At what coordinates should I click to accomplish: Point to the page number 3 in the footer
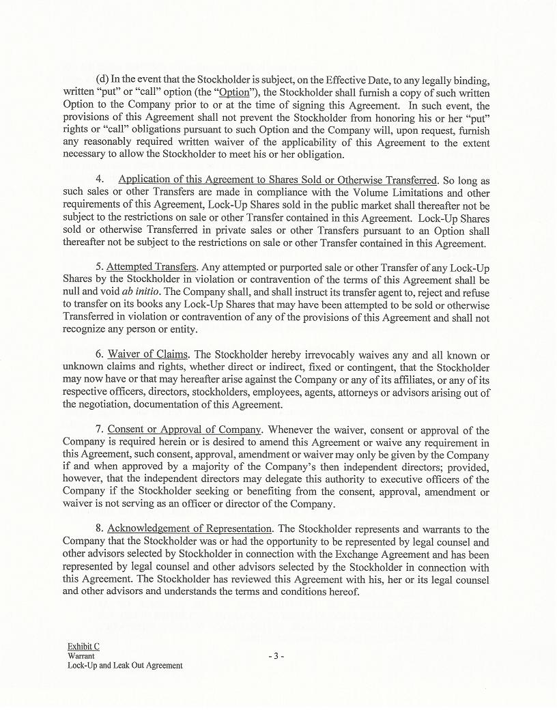click(x=276, y=655)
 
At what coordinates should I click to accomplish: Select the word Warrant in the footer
click(x=81, y=655)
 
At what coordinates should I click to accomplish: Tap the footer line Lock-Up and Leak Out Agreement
click(x=125, y=665)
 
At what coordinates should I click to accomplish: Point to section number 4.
click(x=100, y=180)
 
